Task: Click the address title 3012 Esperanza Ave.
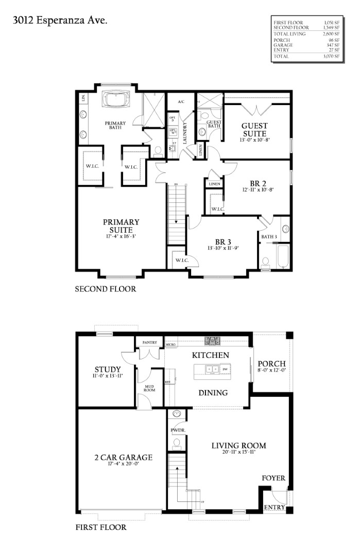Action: [60, 21]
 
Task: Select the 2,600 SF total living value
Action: [332, 34]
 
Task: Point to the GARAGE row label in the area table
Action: [283, 45]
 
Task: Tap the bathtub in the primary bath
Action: [116, 99]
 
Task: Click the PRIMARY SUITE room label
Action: [121, 226]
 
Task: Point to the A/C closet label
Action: [181, 102]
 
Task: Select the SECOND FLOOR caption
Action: [106, 289]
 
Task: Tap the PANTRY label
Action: [149, 342]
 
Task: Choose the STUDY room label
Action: [108, 370]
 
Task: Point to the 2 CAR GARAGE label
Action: [123, 457]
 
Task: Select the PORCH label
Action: [271, 364]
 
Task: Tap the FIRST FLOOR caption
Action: [101, 527]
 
